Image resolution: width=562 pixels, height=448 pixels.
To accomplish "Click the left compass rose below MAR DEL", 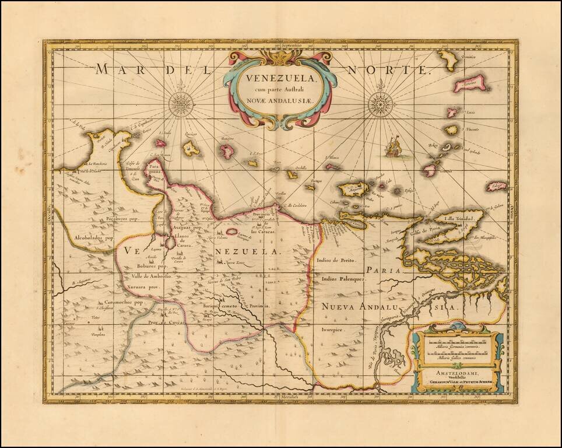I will click(181, 104).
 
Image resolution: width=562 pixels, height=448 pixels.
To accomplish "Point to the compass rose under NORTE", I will click(381, 104).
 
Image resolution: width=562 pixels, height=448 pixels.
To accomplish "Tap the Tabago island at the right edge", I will click(496, 186).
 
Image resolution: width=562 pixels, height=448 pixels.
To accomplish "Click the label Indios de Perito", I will click(336, 260).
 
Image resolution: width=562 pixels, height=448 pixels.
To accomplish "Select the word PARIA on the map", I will click(385, 270).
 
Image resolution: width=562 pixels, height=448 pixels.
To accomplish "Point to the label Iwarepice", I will click(333, 330).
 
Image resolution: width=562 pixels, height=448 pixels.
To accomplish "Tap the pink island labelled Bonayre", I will click(226, 152).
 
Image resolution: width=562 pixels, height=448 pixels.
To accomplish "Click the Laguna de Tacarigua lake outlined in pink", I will click(231, 232).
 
